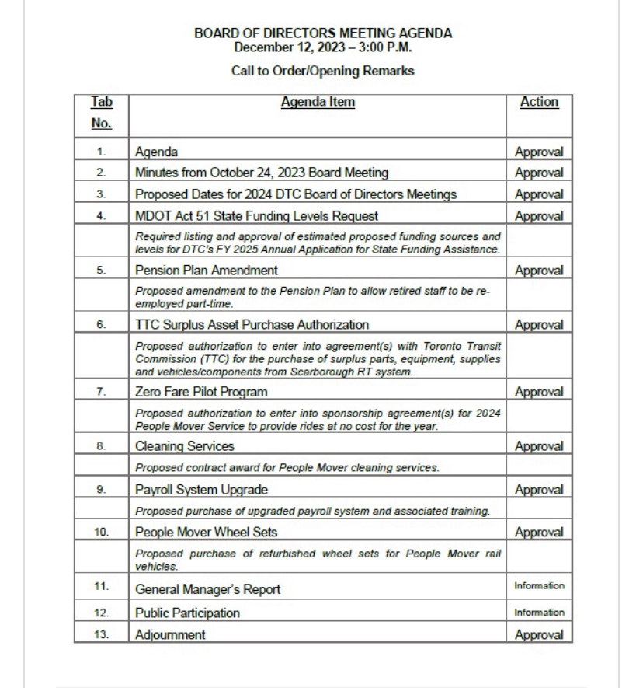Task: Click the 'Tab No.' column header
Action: (101, 112)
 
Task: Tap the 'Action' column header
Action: (539, 102)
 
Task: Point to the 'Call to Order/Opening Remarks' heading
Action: (322, 71)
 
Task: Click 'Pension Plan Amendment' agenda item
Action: (207, 271)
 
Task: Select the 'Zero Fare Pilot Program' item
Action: (201, 392)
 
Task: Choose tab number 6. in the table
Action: (102, 325)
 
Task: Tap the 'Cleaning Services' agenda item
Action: (185, 446)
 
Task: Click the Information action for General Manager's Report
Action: (539, 586)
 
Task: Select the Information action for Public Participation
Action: (539, 613)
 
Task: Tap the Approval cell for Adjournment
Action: (539, 635)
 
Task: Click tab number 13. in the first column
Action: (102, 635)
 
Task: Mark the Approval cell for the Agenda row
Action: (539, 152)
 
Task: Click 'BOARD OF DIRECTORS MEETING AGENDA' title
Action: (323, 33)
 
